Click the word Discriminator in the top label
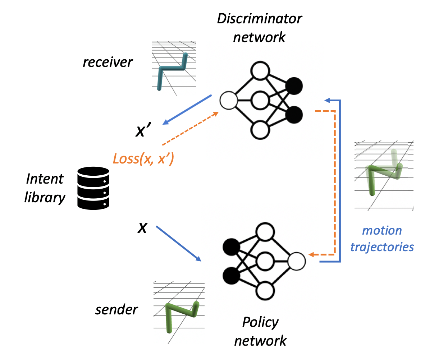259,19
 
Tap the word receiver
108,62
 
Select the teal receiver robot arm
172,70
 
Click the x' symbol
143,130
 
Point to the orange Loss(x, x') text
143,158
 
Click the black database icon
93,188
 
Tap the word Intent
45,179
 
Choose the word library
45,197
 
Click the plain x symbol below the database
142,227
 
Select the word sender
116,310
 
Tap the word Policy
260,322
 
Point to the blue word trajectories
382,247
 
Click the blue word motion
382,230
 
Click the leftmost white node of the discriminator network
229,101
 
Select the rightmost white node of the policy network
297,261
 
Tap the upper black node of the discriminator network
294,86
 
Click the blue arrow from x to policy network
178,243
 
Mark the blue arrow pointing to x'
187,110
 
